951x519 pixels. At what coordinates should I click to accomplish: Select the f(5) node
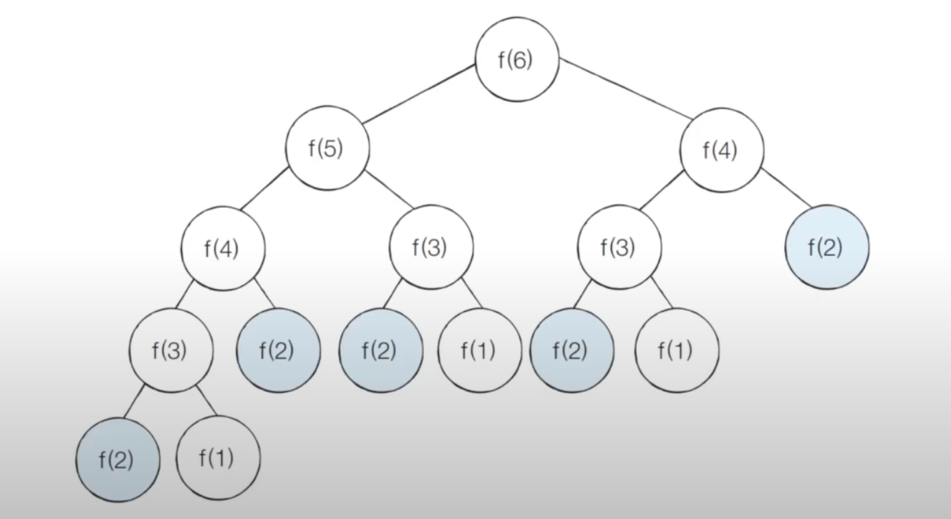click(x=327, y=149)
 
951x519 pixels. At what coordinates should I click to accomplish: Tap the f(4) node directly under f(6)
click(x=721, y=150)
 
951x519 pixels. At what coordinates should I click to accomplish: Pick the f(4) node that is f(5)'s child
click(x=222, y=248)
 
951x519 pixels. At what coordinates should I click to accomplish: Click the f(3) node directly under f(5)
click(x=430, y=247)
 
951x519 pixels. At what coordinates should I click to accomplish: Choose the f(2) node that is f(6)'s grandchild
click(x=826, y=247)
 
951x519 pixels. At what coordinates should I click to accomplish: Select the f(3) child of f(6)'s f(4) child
click(x=618, y=247)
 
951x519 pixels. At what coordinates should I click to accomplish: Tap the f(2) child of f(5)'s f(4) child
click(x=277, y=350)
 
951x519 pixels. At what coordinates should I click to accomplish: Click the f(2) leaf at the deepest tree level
click(x=117, y=459)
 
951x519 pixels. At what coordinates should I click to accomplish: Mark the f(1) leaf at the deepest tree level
click(x=218, y=459)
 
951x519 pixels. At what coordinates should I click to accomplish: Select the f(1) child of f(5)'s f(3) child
click(x=479, y=350)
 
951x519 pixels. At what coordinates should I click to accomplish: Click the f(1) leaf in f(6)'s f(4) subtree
click(x=677, y=350)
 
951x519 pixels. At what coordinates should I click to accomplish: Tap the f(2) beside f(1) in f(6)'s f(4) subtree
click(x=571, y=350)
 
